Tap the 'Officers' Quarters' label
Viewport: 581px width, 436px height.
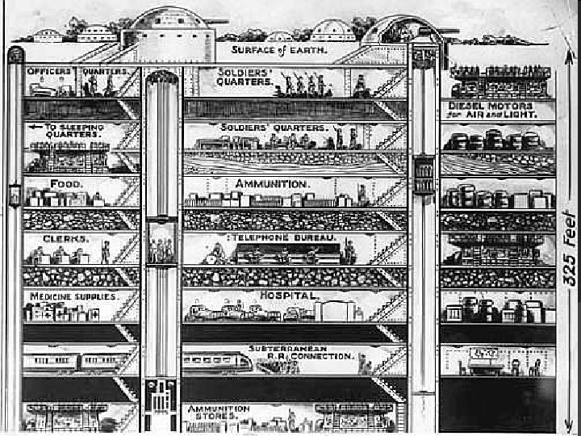click(78, 72)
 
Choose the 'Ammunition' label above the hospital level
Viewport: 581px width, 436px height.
click(272, 184)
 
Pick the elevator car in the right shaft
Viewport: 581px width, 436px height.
click(424, 174)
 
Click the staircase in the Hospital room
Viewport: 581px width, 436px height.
click(390, 307)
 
